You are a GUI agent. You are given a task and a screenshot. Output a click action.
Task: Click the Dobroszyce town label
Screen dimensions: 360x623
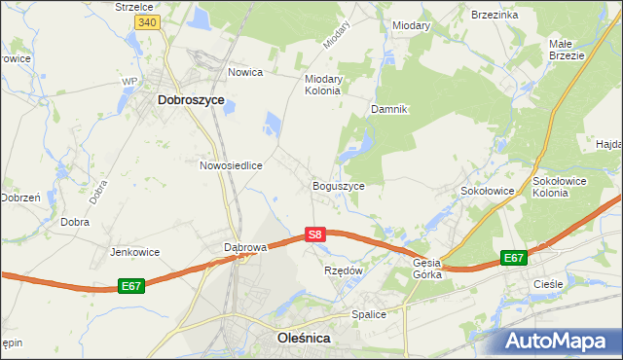191,100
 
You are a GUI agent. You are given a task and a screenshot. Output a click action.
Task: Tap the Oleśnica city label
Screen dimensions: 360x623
297,338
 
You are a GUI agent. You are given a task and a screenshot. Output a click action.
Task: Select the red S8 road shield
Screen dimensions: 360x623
313,234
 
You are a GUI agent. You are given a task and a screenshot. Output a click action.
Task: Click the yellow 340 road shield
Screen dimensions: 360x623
147,22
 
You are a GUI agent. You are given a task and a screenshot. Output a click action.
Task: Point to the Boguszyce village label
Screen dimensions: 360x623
338,185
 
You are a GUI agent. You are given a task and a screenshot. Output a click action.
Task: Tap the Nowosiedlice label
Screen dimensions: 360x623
232,165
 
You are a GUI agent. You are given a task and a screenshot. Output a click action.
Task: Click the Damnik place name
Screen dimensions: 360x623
388,109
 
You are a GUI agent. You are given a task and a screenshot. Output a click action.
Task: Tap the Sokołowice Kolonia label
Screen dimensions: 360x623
564,186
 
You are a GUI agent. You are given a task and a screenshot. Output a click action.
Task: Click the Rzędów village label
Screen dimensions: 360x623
343,270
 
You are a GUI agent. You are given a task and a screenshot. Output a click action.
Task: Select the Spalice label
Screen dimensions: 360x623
369,315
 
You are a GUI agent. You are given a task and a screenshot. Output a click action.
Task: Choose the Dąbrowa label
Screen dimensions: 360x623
245,247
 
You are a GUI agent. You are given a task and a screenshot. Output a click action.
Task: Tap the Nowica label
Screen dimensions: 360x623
247,72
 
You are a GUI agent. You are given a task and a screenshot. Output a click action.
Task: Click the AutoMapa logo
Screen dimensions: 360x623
560,341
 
